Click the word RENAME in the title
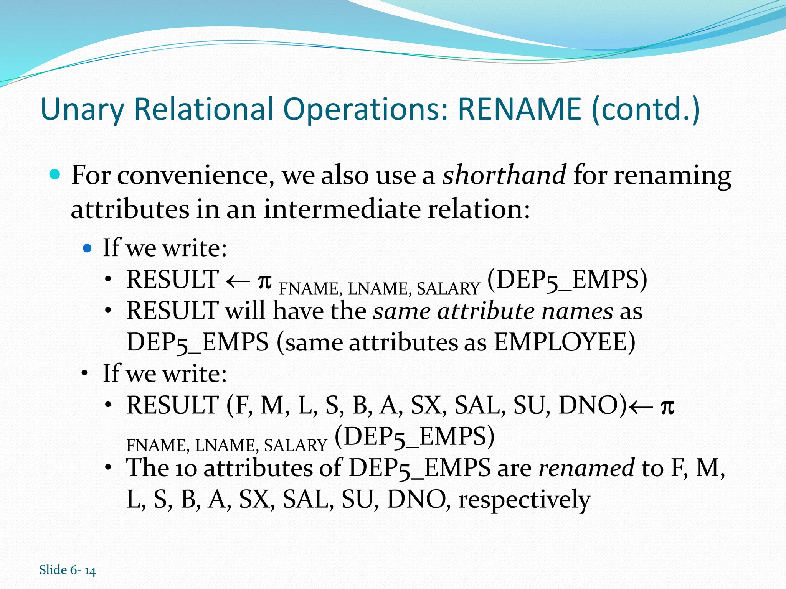coord(520,109)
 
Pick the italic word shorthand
coord(504,175)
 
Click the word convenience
coord(195,176)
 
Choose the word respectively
coord(524,500)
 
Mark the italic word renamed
coord(586,468)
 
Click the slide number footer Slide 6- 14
coord(68,570)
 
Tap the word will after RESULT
coord(246,311)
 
